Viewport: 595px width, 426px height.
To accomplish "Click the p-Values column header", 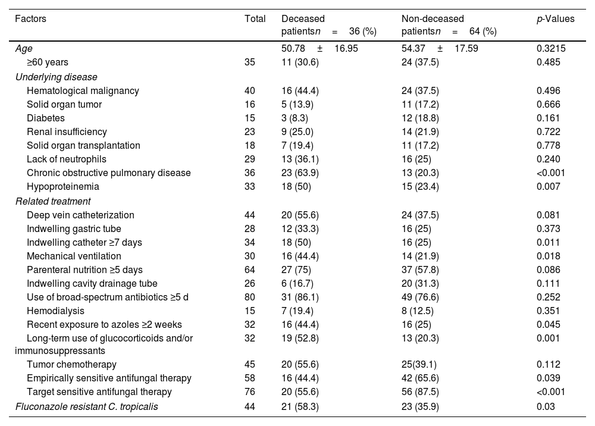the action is pyautogui.click(x=555, y=19).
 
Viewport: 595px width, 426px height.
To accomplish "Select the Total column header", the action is pyautogui.click(x=255, y=18).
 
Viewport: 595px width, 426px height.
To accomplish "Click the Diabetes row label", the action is pyautogui.click(x=46, y=118).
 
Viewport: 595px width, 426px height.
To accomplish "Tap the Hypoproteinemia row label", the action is pyautogui.click(x=63, y=187).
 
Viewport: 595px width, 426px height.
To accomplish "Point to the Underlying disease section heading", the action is pyautogui.click(x=56, y=77).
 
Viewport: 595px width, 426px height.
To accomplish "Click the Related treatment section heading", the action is pyautogui.click(x=53, y=201).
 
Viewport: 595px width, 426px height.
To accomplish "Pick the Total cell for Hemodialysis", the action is pyautogui.click(x=250, y=311).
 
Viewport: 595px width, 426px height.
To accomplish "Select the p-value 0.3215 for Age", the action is pyautogui.click(x=550, y=49).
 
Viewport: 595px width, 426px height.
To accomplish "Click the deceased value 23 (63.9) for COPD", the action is pyautogui.click(x=300, y=173).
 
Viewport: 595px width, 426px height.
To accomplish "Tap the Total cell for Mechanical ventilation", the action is pyautogui.click(x=250, y=256).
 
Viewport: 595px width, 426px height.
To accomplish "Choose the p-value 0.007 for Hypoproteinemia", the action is pyautogui.click(x=549, y=187).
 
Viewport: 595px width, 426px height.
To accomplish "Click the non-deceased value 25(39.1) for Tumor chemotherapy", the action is pyautogui.click(x=419, y=365).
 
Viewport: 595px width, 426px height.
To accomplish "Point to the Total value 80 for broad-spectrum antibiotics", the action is pyautogui.click(x=250, y=297).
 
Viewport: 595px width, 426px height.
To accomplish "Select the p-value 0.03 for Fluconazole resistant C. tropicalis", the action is pyautogui.click(x=546, y=406).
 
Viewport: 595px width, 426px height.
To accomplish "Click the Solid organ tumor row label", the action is pyautogui.click(x=64, y=104).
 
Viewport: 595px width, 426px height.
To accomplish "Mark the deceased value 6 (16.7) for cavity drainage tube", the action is pyautogui.click(x=297, y=284).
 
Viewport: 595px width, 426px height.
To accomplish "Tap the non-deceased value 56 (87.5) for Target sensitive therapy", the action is pyautogui.click(x=420, y=392).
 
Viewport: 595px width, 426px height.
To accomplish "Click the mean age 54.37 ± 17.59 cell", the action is pyautogui.click(x=440, y=49).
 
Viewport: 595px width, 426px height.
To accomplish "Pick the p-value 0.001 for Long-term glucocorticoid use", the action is pyautogui.click(x=549, y=339).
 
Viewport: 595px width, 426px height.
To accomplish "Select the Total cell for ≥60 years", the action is pyautogui.click(x=250, y=62).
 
